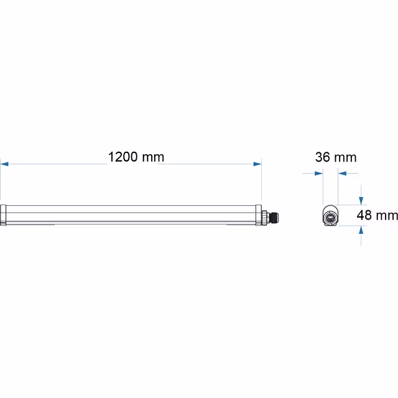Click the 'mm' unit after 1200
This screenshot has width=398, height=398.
point(152,157)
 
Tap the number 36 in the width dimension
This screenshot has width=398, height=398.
point(322,157)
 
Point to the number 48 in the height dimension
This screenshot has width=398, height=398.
point(366,216)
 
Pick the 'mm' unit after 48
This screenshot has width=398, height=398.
point(388,216)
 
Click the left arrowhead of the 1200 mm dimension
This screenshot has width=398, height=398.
point(4,164)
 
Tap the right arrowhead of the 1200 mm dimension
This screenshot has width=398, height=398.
point(257,164)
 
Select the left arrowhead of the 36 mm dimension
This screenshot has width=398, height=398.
point(319,174)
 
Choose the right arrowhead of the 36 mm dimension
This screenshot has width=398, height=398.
point(342,174)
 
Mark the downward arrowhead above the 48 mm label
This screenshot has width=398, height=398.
point(361,200)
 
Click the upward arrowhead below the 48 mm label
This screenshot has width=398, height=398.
point(361,230)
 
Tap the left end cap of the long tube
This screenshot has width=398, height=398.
point(3,214)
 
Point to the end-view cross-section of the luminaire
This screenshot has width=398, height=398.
point(331,216)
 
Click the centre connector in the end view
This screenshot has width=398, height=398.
point(330,216)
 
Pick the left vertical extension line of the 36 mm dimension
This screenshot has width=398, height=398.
point(323,187)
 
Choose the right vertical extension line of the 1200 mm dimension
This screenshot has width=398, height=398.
point(262,180)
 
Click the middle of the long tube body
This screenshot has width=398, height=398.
point(131,214)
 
